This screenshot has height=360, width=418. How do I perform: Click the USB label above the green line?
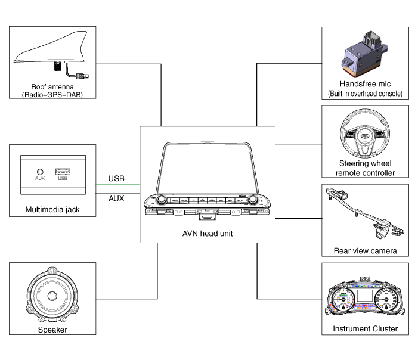point(116,178)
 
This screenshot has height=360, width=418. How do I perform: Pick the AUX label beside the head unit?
point(116,198)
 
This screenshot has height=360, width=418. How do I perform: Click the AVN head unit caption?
point(208,233)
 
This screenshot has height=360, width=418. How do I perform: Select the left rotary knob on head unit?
point(162,200)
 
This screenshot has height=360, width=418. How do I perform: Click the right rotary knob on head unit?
point(253,200)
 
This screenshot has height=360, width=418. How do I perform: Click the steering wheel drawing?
point(365,136)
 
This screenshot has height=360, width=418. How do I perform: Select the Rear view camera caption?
point(365,250)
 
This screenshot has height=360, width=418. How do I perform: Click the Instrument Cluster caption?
point(365,328)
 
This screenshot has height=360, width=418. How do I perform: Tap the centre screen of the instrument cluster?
point(364,296)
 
